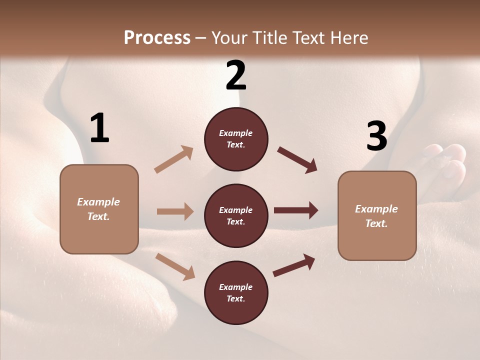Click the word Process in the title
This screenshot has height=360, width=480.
(x=157, y=37)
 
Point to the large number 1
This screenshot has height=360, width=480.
(x=99, y=128)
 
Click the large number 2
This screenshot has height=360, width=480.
(x=236, y=75)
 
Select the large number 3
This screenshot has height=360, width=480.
(x=376, y=136)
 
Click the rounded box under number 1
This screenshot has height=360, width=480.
(x=99, y=209)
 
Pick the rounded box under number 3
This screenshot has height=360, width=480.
(x=377, y=215)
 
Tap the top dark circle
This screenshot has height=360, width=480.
(x=236, y=139)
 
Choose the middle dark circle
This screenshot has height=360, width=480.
(x=236, y=216)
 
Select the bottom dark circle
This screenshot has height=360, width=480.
(x=236, y=293)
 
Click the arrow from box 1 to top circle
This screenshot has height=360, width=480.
(x=174, y=159)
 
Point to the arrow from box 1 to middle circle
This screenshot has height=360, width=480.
(x=175, y=211)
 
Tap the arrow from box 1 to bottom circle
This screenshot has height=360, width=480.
(x=175, y=266)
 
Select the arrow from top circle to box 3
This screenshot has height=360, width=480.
(x=297, y=159)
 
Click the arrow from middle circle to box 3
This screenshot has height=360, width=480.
(x=296, y=210)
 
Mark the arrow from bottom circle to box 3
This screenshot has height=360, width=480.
(x=294, y=265)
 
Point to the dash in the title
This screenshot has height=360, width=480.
(x=201, y=38)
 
